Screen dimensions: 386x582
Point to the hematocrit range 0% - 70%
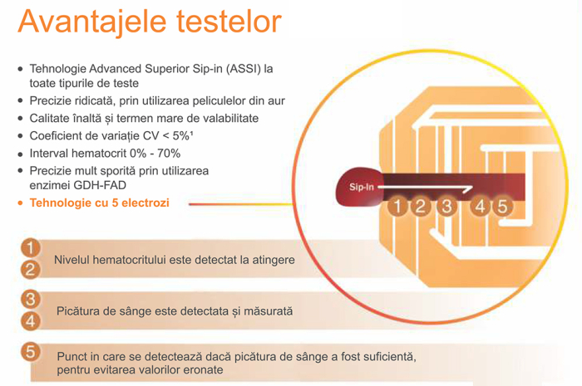pyautogui.click(x=150, y=153)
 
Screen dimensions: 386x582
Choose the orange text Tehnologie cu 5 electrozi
pyautogui.click(x=99, y=203)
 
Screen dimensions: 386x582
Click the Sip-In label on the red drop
pyautogui.click(x=358, y=188)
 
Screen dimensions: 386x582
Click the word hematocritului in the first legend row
pyautogui.click(x=134, y=261)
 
